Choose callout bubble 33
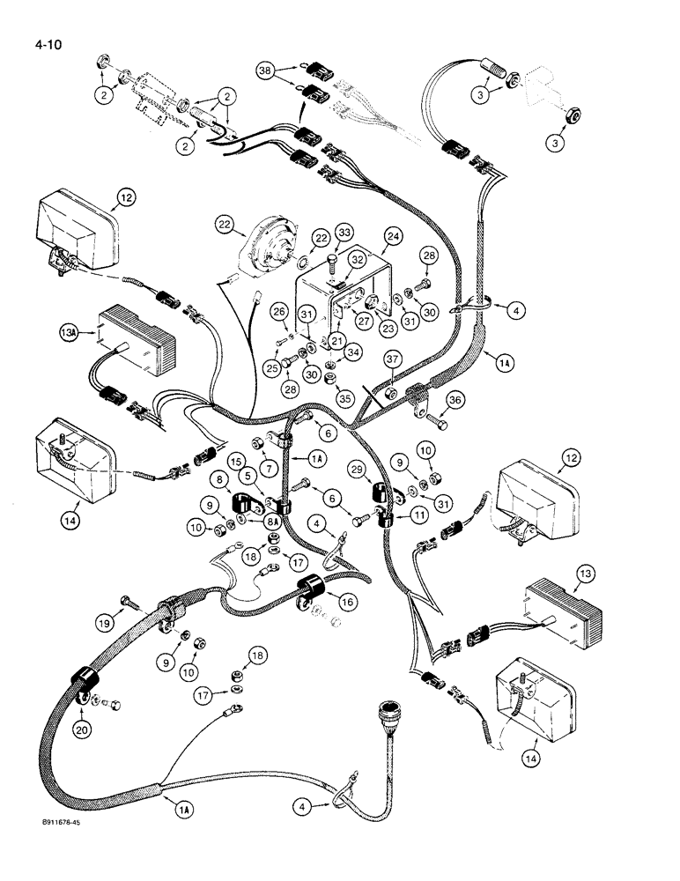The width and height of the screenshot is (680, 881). click(x=343, y=233)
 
